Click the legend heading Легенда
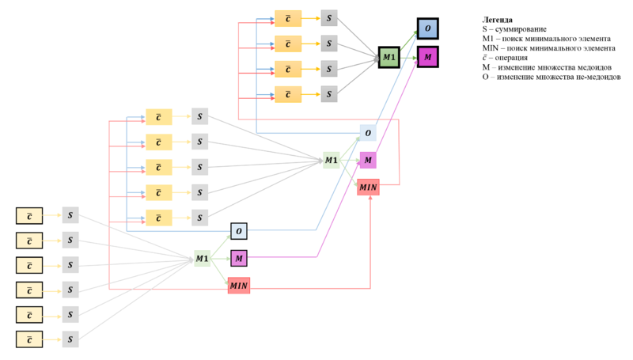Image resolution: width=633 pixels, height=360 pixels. click(x=498, y=20)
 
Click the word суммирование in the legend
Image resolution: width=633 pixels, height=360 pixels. click(x=521, y=29)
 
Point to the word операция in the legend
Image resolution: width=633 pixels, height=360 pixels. click(x=511, y=58)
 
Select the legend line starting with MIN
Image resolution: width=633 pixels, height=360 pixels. click(x=548, y=48)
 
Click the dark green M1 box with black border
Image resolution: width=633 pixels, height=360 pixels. click(x=389, y=57)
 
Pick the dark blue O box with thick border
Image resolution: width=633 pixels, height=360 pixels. click(x=428, y=28)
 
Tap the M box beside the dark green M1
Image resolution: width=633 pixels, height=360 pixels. click(x=428, y=57)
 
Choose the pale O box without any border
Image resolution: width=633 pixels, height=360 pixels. click(x=368, y=133)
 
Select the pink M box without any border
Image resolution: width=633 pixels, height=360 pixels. click(x=368, y=161)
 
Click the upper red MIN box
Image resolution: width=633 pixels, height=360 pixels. click(x=368, y=188)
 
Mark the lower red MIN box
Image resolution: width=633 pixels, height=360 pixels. click(x=239, y=286)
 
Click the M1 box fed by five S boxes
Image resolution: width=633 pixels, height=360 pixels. click(x=332, y=161)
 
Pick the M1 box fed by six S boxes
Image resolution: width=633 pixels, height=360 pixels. click(x=203, y=258)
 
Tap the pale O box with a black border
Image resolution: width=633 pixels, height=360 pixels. click(x=239, y=231)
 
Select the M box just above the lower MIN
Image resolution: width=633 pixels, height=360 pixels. click(x=239, y=258)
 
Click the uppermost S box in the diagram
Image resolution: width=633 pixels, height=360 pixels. click(x=329, y=18)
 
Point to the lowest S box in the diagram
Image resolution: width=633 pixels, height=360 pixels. click(x=70, y=339)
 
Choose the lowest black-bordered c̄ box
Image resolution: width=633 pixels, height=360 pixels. click(x=29, y=339)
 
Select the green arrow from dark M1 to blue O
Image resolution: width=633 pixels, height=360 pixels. click(x=409, y=40)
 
